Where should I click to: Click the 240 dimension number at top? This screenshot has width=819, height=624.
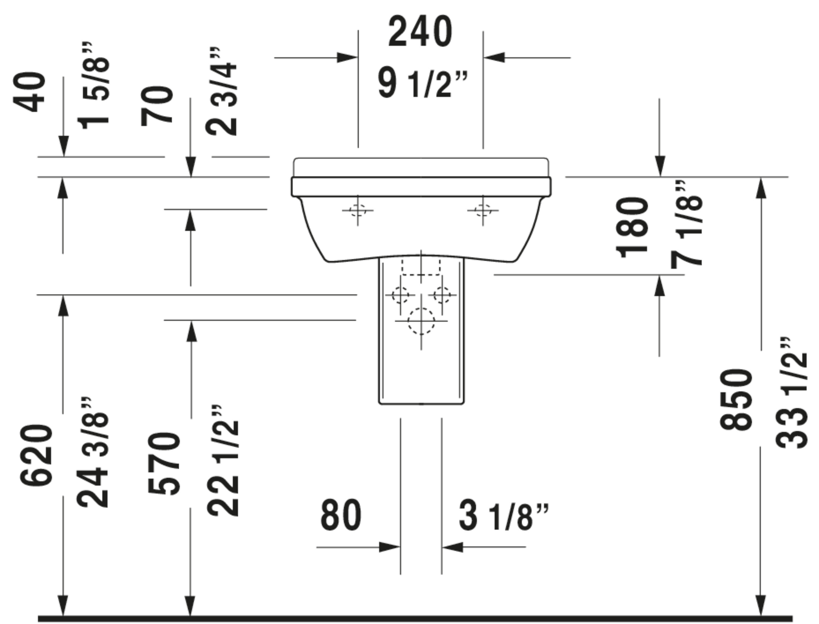[x=420, y=32]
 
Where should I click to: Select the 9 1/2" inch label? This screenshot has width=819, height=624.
[x=423, y=84]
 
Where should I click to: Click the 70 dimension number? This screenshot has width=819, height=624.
[x=157, y=106]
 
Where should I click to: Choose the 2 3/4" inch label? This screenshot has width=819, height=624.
[x=221, y=92]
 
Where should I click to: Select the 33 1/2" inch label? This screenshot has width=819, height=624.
[x=791, y=393]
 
